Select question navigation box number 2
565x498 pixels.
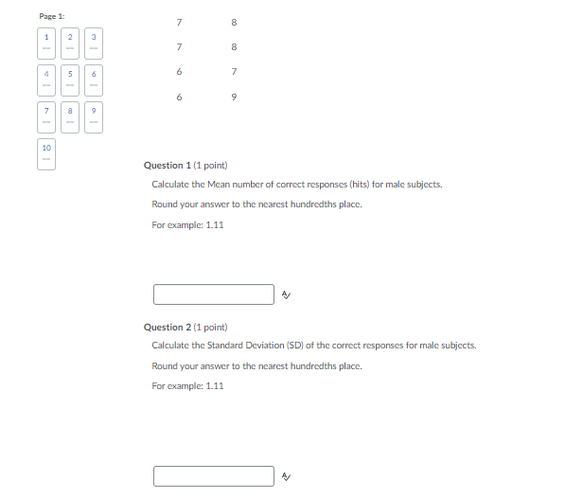tap(70, 42)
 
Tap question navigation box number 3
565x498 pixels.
tap(94, 42)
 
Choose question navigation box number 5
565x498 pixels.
tap(70, 80)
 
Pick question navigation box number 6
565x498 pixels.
tap(94, 80)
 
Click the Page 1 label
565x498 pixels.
tap(52, 16)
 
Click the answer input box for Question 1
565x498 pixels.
tap(213, 294)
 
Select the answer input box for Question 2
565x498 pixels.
tap(213, 475)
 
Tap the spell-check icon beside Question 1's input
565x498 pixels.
tap(286, 295)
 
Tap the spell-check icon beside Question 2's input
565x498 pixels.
tap(286, 476)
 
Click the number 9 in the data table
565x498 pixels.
tap(234, 98)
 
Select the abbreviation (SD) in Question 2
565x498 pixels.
tap(308, 346)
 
